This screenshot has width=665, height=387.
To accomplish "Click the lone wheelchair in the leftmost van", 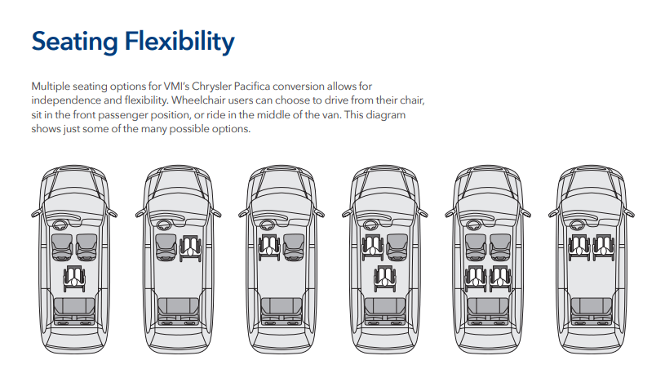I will click(74, 278).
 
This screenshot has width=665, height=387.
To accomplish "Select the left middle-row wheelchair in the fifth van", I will click(475, 278).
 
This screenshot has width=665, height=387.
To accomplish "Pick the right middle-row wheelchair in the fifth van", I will click(500, 278).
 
